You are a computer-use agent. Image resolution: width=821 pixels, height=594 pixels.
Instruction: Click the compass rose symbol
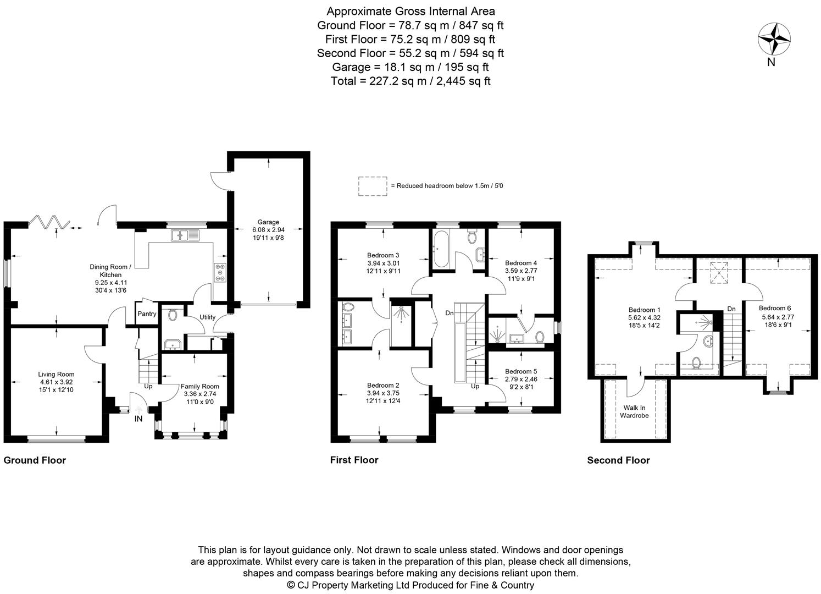[x=774, y=38]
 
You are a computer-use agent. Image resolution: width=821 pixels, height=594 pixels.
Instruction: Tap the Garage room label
[x=269, y=222]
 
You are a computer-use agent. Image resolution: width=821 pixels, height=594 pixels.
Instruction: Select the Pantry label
[x=147, y=314]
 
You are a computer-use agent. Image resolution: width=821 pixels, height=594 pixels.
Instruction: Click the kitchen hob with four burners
[x=220, y=273]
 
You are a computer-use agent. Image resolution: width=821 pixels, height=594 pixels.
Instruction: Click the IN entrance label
[x=139, y=419]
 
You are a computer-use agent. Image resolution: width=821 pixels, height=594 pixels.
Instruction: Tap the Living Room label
[x=57, y=375]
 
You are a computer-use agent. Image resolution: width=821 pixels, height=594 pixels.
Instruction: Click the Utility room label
[x=207, y=317]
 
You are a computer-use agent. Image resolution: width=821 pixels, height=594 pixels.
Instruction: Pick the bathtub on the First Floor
[x=441, y=249]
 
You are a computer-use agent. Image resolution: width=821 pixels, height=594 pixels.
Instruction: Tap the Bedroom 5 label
[x=521, y=371]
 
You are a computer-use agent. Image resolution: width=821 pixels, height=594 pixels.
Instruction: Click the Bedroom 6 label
[x=775, y=308]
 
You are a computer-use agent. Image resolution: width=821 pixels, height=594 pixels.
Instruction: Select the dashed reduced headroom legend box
[x=373, y=186]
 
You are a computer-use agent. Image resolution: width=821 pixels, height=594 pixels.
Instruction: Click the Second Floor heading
[x=618, y=460]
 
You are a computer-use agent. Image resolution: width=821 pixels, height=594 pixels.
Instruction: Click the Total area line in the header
[x=410, y=81]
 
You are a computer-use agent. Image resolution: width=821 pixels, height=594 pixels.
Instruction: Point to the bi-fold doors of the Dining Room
[x=49, y=222]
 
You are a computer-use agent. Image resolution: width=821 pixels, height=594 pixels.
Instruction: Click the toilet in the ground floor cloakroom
[x=171, y=315]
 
